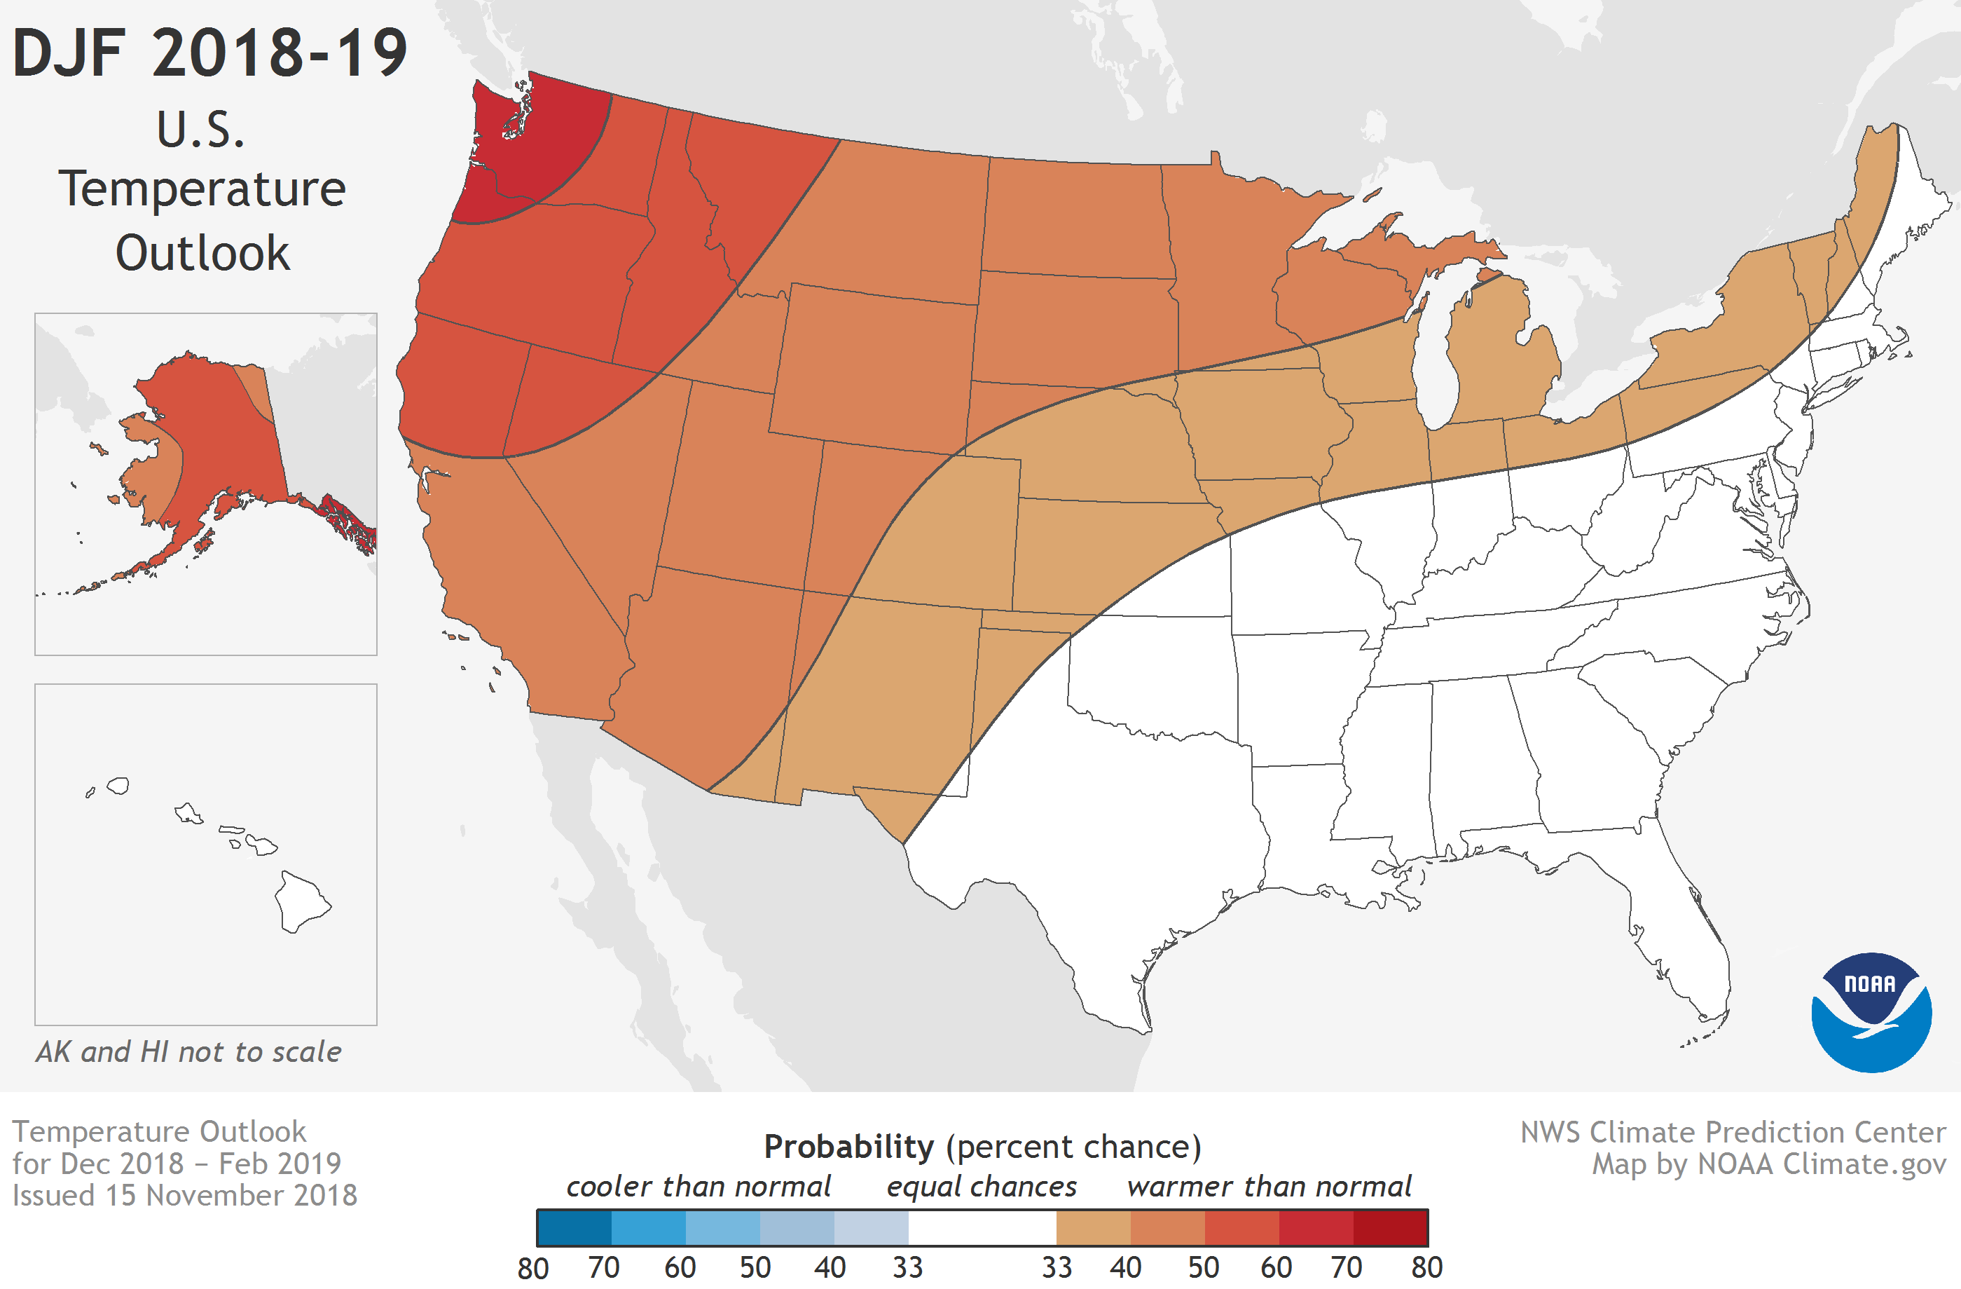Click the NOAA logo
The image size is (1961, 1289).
(x=1871, y=1012)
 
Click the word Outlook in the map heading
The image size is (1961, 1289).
(x=202, y=253)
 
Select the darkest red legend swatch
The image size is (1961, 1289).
(x=1390, y=1228)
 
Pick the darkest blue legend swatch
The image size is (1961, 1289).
(x=574, y=1228)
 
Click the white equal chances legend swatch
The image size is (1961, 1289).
(x=982, y=1228)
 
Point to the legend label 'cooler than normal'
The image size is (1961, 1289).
(x=698, y=1186)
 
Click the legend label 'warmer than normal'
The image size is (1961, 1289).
(x=1269, y=1186)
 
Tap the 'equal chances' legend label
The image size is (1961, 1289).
(x=982, y=1186)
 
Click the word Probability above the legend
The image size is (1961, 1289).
(x=848, y=1147)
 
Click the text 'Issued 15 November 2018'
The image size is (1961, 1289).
(x=184, y=1195)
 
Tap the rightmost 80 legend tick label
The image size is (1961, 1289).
(x=1427, y=1267)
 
